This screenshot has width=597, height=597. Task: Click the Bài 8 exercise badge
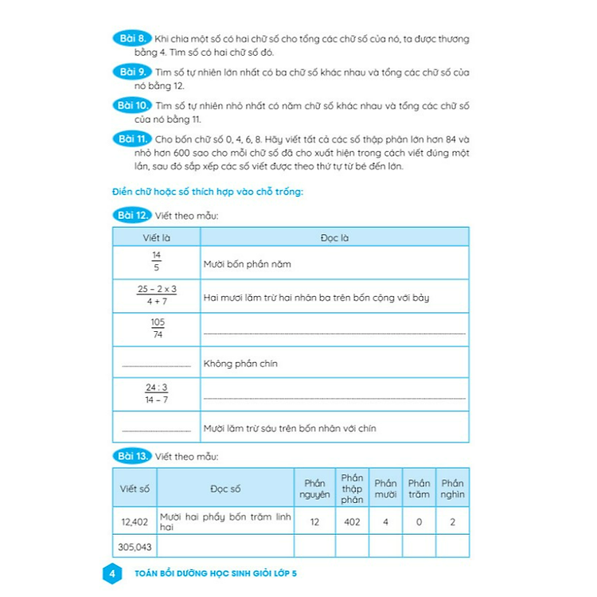pyautogui.click(x=130, y=37)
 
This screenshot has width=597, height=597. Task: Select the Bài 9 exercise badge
pyautogui.click(x=130, y=72)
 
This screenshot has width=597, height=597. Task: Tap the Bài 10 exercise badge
pyautogui.click(x=131, y=105)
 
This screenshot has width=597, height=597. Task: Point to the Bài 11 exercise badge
pyautogui.click(x=131, y=139)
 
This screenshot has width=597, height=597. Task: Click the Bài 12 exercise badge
pyautogui.click(x=131, y=215)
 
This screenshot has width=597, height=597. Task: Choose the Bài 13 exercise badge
pyautogui.click(x=131, y=456)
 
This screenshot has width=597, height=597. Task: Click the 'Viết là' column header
pyautogui.click(x=156, y=236)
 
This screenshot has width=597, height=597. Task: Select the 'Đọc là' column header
pyautogui.click(x=334, y=236)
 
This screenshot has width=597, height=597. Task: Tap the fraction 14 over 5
pyautogui.click(x=156, y=263)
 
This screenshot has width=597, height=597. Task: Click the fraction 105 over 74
pyautogui.click(x=156, y=329)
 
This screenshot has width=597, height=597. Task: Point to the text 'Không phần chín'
pyautogui.click(x=240, y=364)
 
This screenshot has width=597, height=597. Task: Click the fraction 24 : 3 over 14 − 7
pyautogui.click(x=156, y=394)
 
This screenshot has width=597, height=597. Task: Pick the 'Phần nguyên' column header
pyautogui.click(x=314, y=489)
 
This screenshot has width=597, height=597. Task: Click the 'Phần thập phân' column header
pyautogui.click(x=351, y=489)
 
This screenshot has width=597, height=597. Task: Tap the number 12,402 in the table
pyautogui.click(x=135, y=521)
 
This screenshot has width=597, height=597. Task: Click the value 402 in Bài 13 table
pyautogui.click(x=351, y=522)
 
